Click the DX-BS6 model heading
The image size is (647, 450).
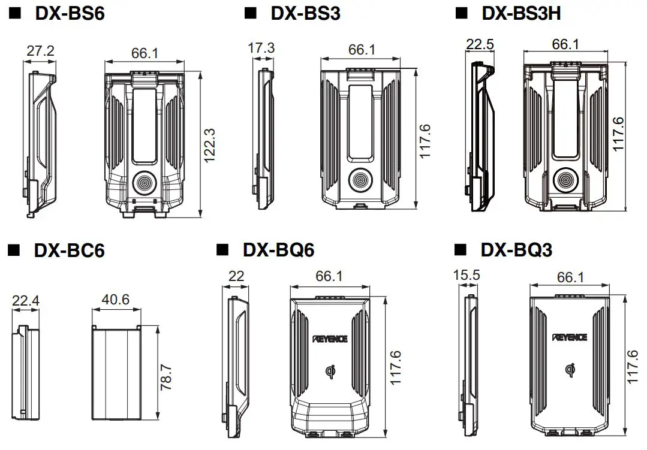click(70, 13)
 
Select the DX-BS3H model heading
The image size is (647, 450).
click(520, 13)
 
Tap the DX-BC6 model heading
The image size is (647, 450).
click(69, 250)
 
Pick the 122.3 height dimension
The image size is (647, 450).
click(209, 146)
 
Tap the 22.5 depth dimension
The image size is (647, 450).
click(480, 45)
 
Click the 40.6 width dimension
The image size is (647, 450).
click(115, 299)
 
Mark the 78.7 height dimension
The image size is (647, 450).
click(167, 376)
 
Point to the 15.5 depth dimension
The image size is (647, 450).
click(467, 275)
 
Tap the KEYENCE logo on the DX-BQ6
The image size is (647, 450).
click(329, 339)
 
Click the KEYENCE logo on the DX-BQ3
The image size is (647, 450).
click(570, 339)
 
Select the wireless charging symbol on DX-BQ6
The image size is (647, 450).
click(329, 372)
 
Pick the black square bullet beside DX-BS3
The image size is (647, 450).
click(250, 13)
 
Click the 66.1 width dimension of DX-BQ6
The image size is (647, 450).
click(328, 276)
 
